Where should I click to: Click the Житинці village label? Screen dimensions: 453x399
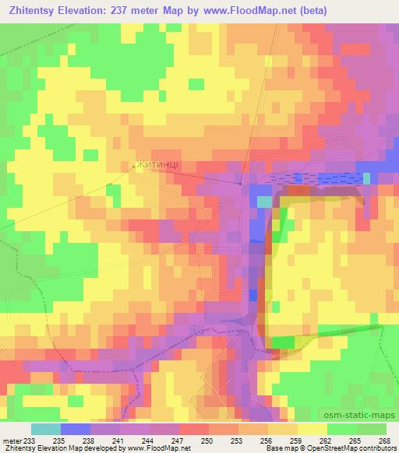pos(159,164)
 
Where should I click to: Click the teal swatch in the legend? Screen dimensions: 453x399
pos(45,429)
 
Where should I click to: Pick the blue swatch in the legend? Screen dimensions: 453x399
pos(76,429)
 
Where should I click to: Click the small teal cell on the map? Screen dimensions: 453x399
pos(265,202)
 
